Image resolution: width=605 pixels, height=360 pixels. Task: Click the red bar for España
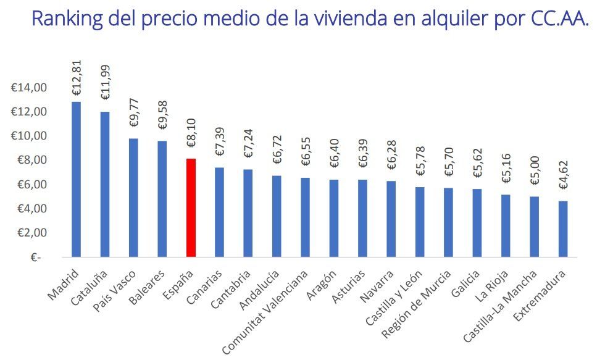click(x=191, y=207)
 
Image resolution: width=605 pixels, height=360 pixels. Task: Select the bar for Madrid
click(x=76, y=179)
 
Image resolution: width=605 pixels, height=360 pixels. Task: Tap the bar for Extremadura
click(x=564, y=228)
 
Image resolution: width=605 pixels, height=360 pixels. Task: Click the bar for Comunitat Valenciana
click(x=306, y=217)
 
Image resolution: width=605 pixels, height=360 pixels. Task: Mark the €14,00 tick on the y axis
click(x=29, y=88)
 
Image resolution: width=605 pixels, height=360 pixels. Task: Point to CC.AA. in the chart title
click(x=559, y=19)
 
